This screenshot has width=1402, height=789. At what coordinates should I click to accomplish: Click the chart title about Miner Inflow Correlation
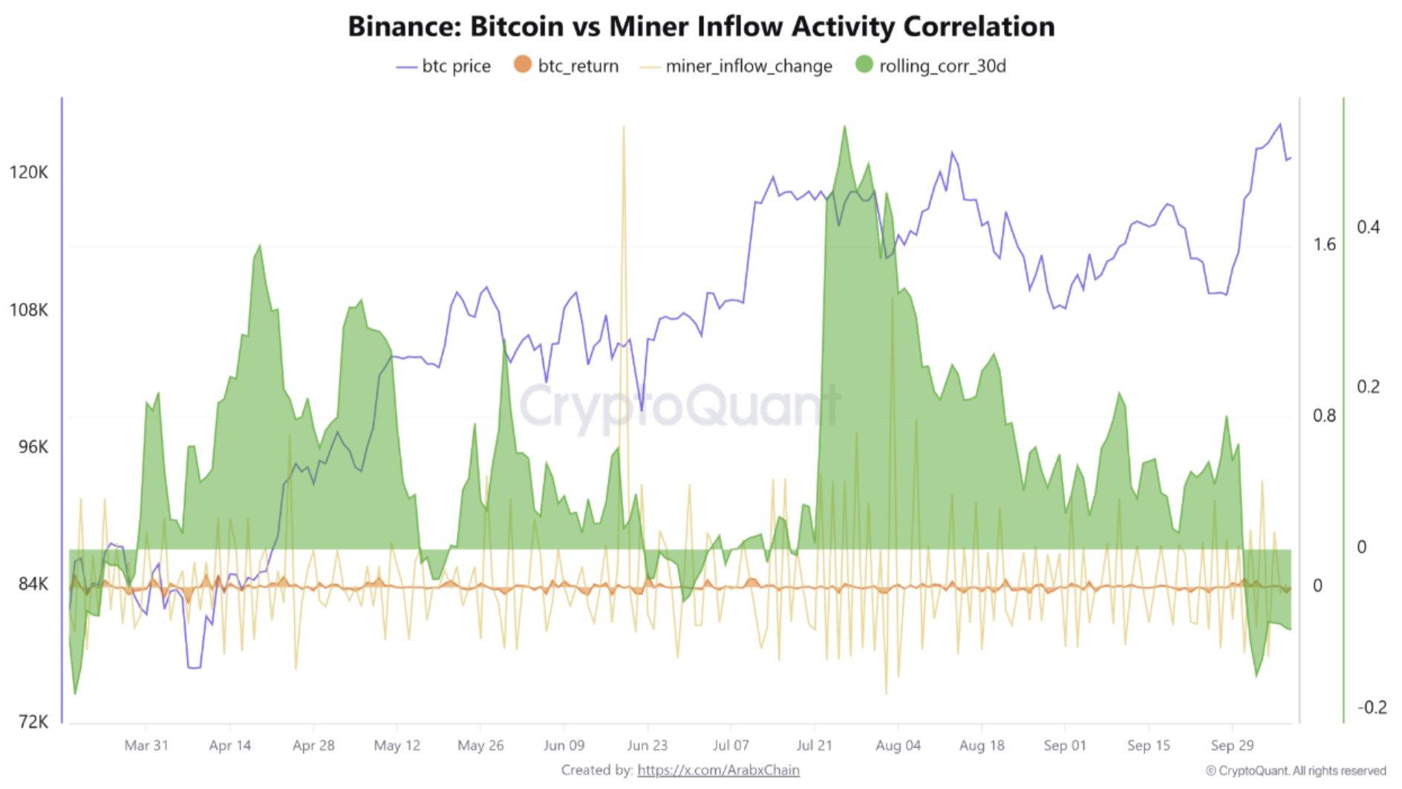pyautogui.click(x=701, y=27)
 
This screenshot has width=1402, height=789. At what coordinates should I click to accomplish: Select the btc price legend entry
pyautogui.click(x=444, y=66)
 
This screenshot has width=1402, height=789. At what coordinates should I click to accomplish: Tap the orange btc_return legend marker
pyautogui.click(x=523, y=65)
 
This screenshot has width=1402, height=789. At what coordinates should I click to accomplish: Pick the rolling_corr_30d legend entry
pyautogui.click(x=931, y=66)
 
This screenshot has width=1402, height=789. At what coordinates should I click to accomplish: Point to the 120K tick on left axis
pyautogui.click(x=28, y=172)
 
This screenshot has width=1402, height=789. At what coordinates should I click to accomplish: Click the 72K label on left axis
pyautogui.click(x=33, y=721)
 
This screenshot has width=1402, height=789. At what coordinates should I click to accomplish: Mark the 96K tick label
pyautogui.click(x=33, y=447)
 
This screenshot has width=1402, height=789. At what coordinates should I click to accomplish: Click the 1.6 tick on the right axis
pyautogui.click(x=1324, y=244)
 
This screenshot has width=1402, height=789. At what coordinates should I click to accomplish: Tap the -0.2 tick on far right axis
pyautogui.click(x=1371, y=707)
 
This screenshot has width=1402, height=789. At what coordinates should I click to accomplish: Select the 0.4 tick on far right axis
pyautogui.click(x=1368, y=227)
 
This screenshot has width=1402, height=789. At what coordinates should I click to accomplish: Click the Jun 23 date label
pyautogui.click(x=647, y=745)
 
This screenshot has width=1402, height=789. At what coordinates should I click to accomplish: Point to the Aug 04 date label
pyautogui.click(x=898, y=745)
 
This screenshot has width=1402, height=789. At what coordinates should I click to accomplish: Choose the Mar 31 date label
pyautogui.click(x=146, y=745)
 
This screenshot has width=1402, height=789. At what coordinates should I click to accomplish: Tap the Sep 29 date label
pyautogui.click(x=1232, y=745)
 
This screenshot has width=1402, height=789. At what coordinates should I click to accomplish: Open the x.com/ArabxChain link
pyautogui.click(x=718, y=770)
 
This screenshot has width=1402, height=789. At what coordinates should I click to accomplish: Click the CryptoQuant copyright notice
pyautogui.click(x=1296, y=770)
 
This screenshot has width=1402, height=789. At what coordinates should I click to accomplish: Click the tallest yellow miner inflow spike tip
pyautogui.click(x=623, y=128)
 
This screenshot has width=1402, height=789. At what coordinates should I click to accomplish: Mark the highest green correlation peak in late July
pyautogui.click(x=844, y=128)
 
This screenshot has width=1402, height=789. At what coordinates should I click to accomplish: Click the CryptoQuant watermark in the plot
pyautogui.click(x=679, y=405)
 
